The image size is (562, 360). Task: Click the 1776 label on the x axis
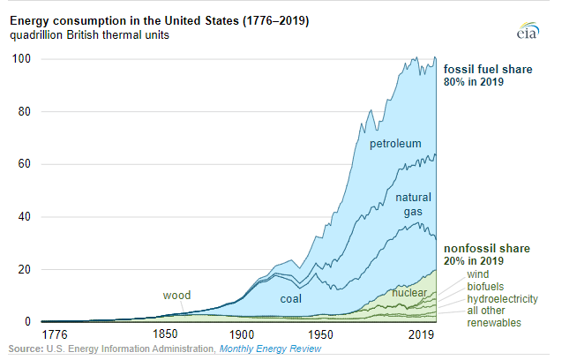[x=55, y=336]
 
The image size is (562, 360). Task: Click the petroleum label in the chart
[x=395, y=143]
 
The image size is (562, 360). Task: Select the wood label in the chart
[x=177, y=295]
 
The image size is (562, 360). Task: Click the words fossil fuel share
[x=488, y=69]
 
